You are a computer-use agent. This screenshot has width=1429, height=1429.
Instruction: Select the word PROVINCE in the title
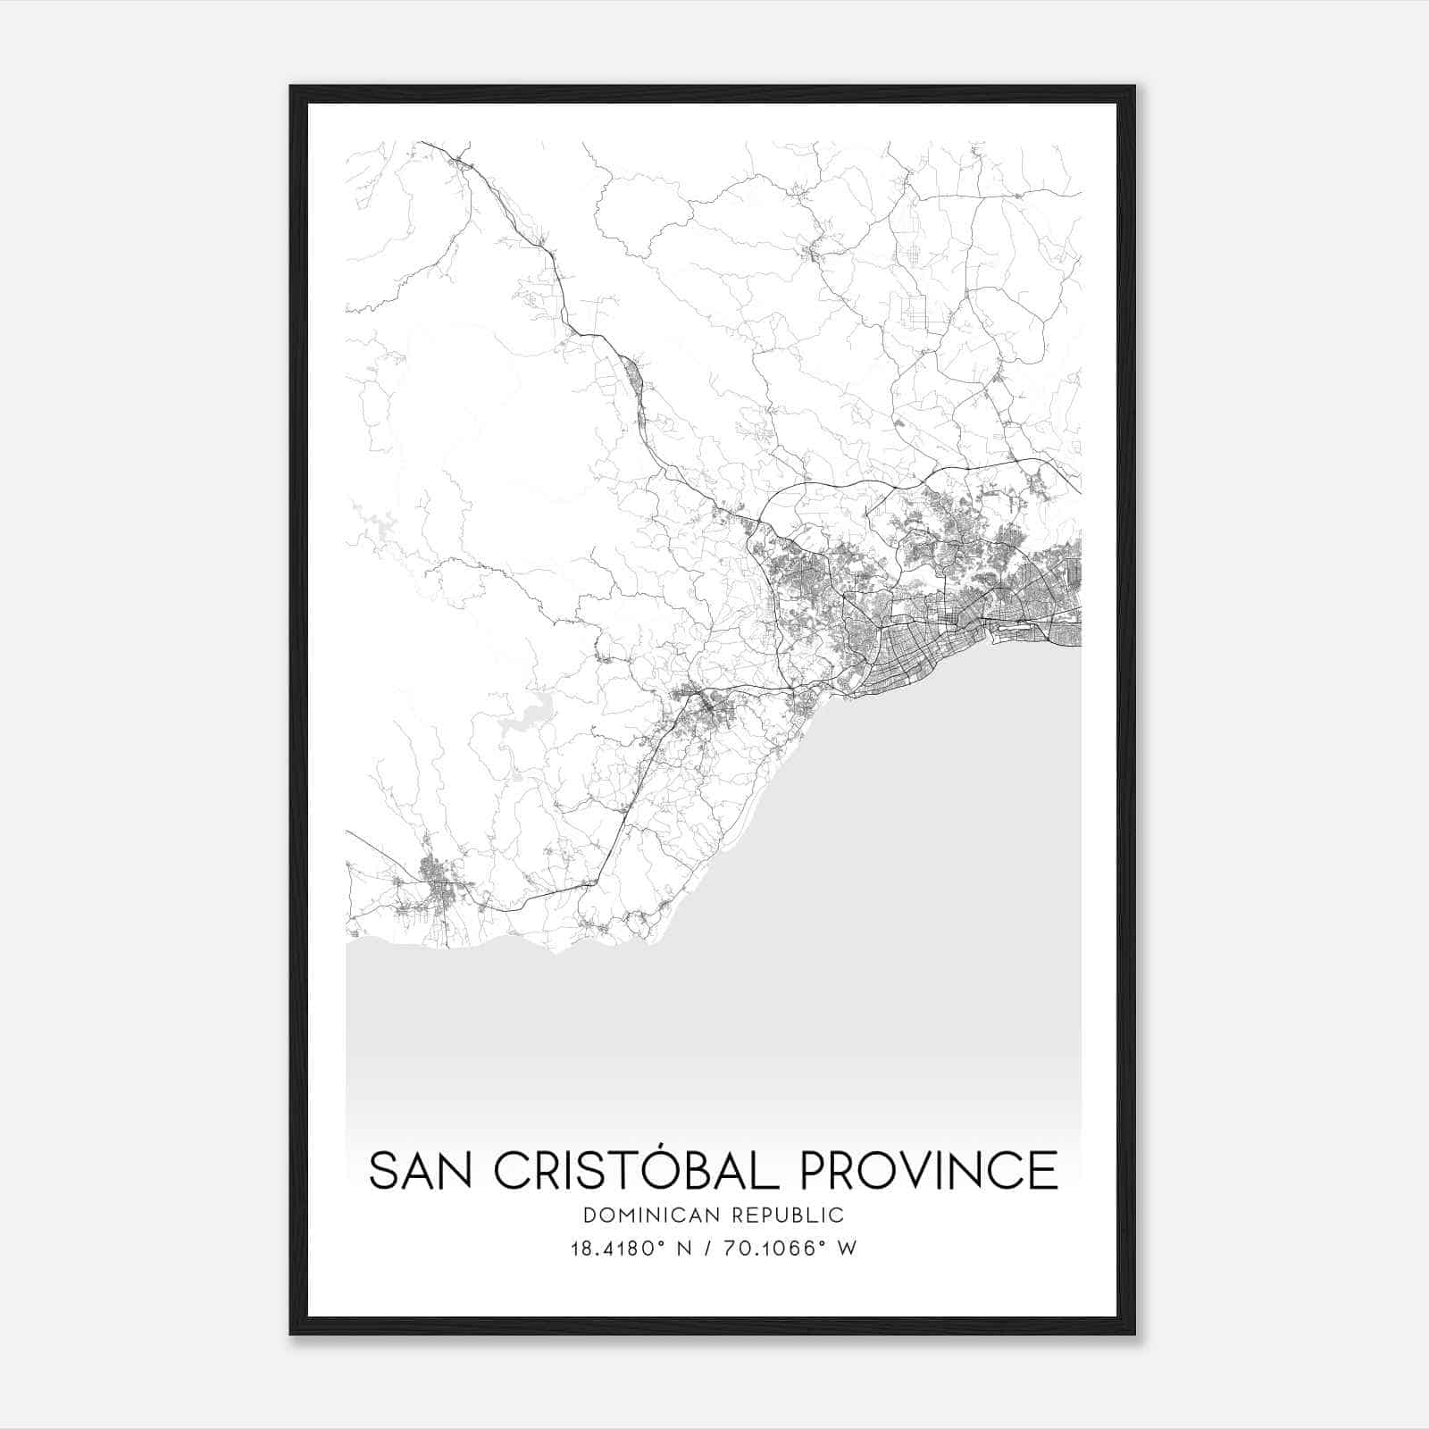929,1171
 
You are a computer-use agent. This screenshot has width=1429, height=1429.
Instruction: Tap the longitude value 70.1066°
766,1249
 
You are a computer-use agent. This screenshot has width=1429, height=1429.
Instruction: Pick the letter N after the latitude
684,1249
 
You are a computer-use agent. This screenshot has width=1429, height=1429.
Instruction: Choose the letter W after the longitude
848,1249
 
